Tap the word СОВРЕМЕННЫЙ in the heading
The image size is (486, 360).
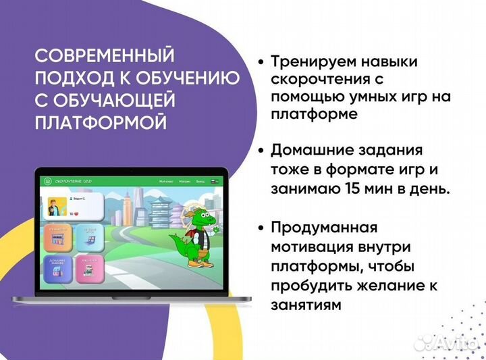coord(103,54)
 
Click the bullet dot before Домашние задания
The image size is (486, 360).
coord(260,150)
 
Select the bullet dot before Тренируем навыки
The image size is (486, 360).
coord(260,62)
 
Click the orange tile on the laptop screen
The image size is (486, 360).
coord(58,238)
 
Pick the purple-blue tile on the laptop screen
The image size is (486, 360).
coord(58,269)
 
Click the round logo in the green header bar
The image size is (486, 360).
coord(47,182)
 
